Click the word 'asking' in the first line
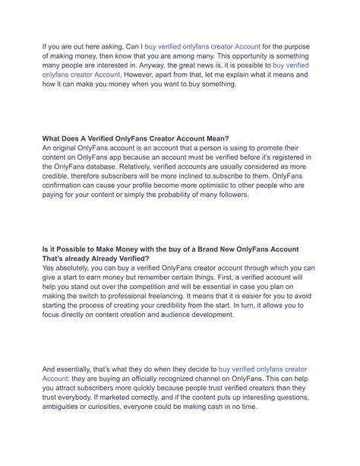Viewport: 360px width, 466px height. click(x=120, y=47)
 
